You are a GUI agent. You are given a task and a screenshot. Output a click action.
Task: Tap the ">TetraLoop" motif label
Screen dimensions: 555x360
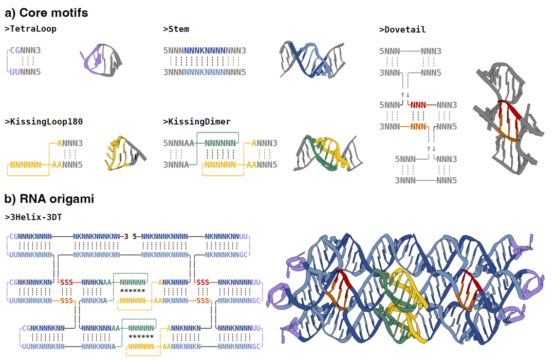[30, 29]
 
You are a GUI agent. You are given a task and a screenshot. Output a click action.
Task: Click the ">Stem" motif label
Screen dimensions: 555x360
[176, 29]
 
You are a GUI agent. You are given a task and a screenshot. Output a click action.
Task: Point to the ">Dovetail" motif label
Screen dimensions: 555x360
[402, 30]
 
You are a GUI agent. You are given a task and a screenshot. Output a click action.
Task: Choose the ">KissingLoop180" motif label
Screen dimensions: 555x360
[44, 122]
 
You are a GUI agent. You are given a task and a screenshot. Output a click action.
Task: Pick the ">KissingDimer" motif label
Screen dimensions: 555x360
[197, 122]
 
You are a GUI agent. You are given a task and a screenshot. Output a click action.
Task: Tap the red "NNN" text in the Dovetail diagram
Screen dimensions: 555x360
[421, 105]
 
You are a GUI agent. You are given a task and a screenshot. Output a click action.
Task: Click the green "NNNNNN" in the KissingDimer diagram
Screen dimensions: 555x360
[220, 144]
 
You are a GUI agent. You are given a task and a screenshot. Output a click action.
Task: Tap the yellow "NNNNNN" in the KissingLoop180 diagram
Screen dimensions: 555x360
[24, 165]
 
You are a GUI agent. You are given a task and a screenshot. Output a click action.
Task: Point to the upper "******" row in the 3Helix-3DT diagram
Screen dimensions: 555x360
[133, 291]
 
